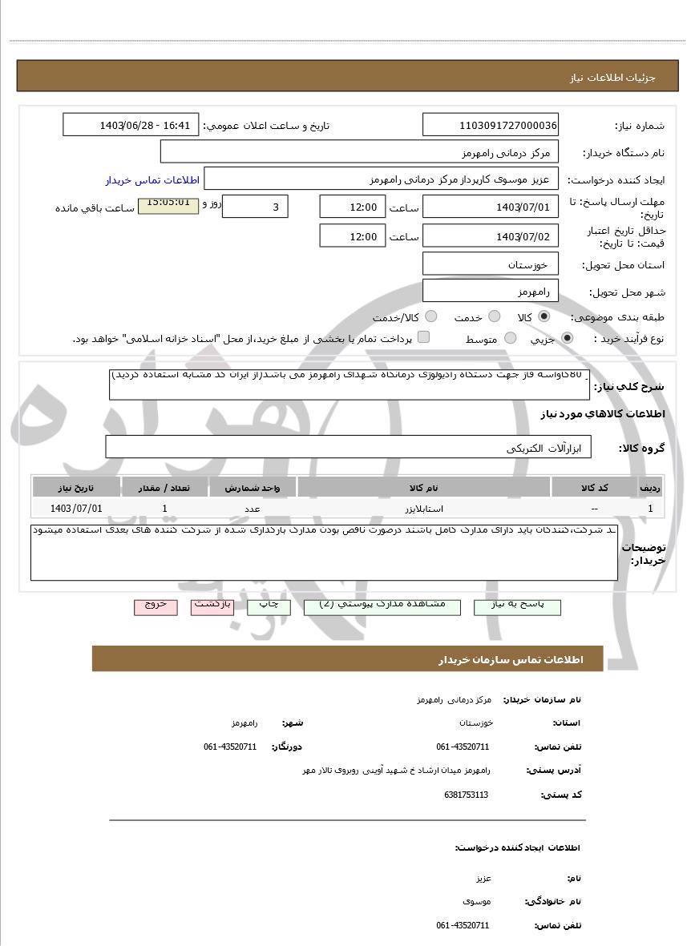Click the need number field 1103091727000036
[x=491, y=125]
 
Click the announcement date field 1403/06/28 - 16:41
[x=131, y=125]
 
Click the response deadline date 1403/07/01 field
[x=491, y=207]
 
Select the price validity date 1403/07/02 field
[x=491, y=236]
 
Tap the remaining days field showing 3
[x=254, y=207]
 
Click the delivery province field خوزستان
[x=491, y=264]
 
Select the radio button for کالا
[x=544, y=316]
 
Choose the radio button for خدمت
[x=495, y=316]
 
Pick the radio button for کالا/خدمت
[x=431, y=316]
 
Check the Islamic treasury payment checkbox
[x=423, y=337]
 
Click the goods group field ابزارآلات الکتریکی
[x=348, y=447]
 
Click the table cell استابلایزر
[x=424, y=509]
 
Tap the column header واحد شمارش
[x=253, y=487]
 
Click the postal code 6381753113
[x=466, y=795]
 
